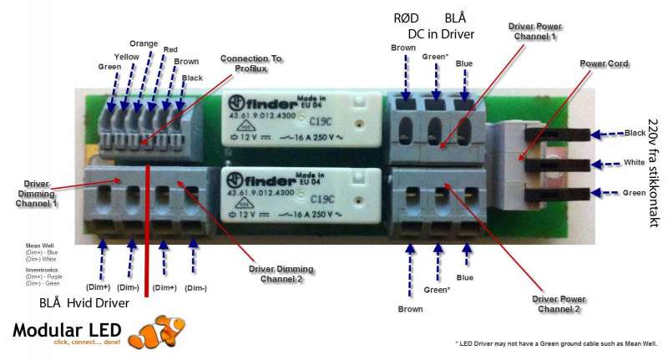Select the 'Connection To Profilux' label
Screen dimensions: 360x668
point(251,64)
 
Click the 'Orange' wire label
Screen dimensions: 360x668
point(144,43)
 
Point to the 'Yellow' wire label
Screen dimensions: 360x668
point(126,57)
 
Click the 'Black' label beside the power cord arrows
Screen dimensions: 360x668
point(635,133)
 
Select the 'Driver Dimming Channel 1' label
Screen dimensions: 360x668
point(37,192)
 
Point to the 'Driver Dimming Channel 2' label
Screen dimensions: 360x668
point(280,274)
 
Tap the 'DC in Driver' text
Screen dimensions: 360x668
point(441,34)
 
